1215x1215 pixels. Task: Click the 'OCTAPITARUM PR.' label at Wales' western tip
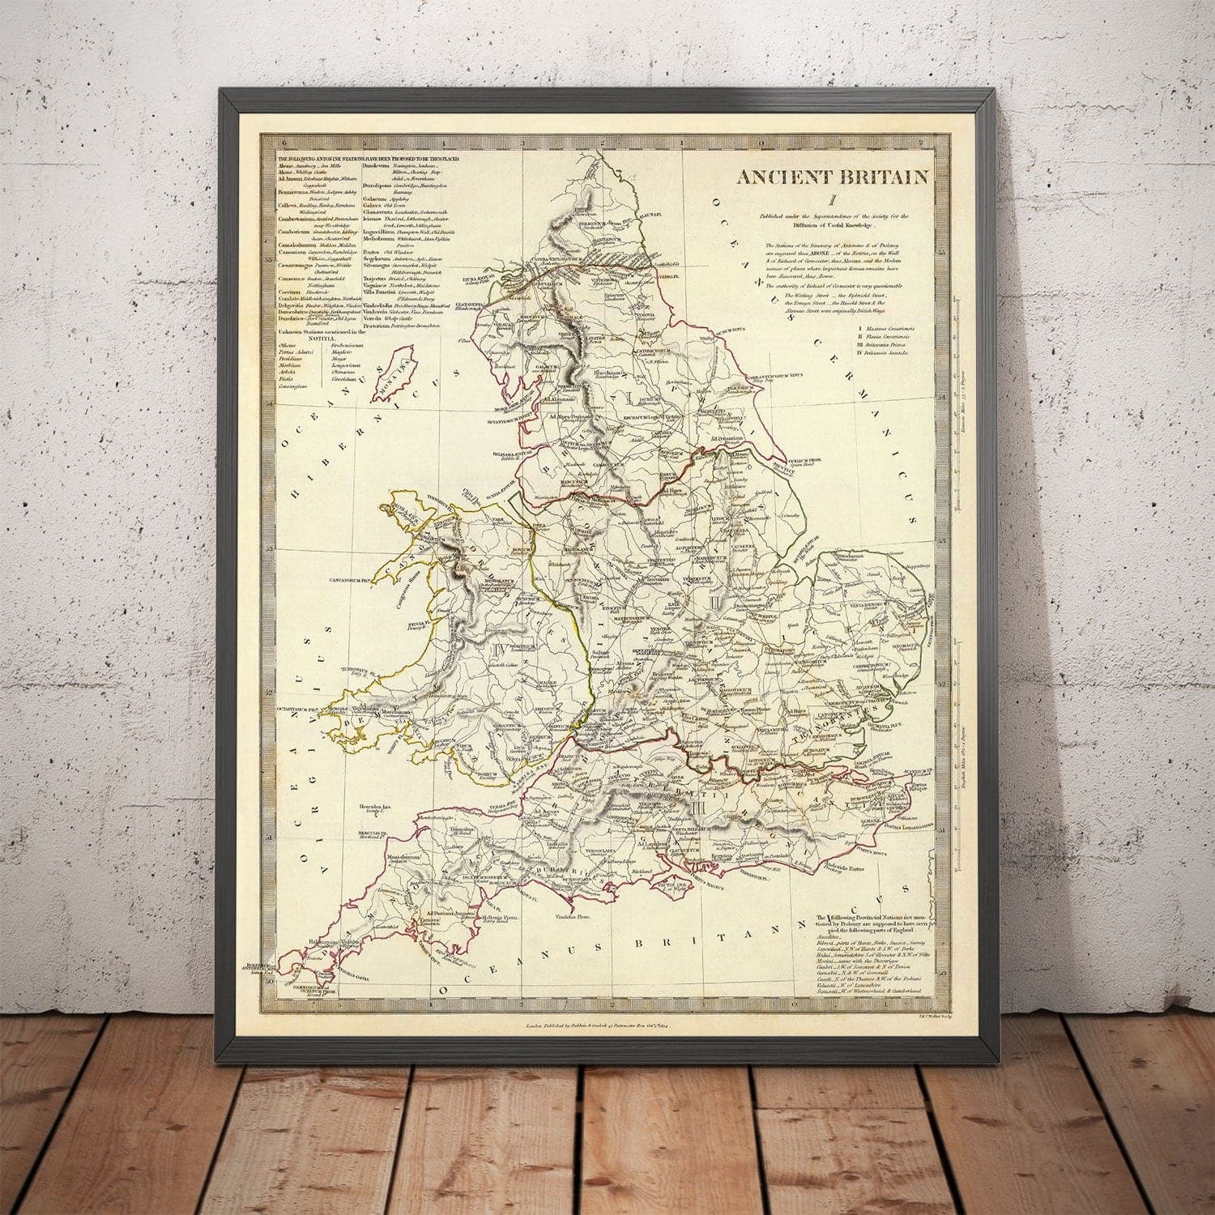(x=300, y=706)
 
